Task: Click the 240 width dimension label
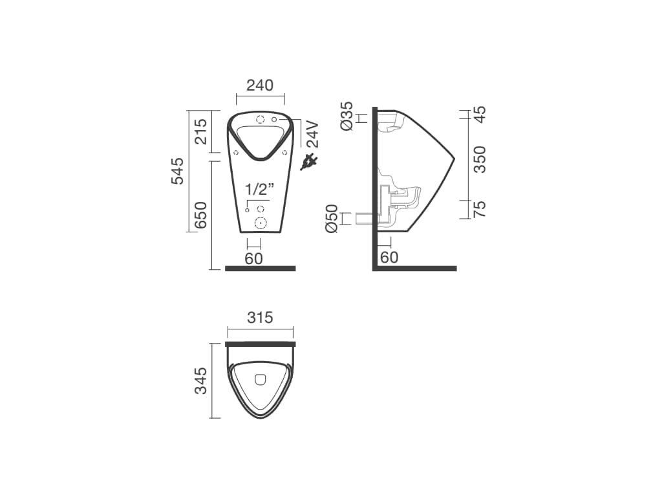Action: tap(260, 85)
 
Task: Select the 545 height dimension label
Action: tap(178, 171)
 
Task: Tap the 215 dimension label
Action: tap(201, 131)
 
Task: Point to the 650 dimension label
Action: tap(201, 215)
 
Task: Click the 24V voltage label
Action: tap(313, 134)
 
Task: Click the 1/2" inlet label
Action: tap(260, 189)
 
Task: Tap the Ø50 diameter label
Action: tap(332, 219)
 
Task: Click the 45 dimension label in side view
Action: tap(480, 114)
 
